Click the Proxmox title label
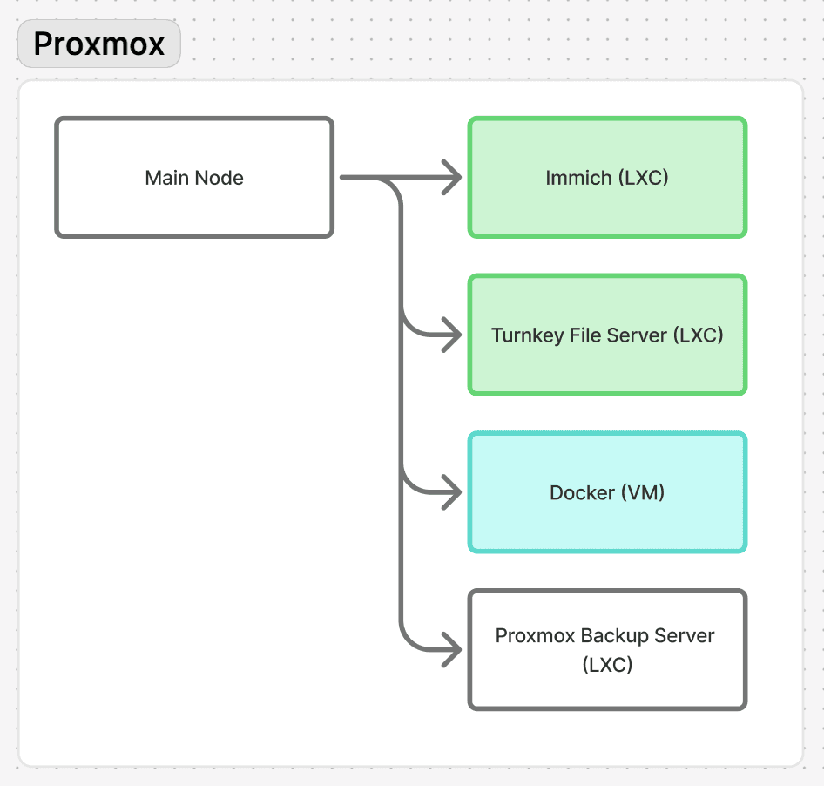coord(98,44)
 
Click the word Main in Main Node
coord(166,178)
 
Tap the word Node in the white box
coord(219,178)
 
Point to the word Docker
coord(582,493)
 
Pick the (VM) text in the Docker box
coord(643,493)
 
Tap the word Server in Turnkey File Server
coord(638,335)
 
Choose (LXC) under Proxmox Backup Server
coord(607,665)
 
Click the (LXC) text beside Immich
coord(643,178)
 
